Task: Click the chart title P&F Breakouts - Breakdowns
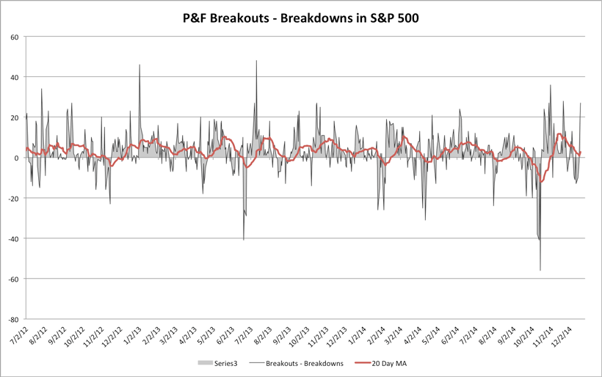click(300, 18)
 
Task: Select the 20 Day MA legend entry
click(385, 363)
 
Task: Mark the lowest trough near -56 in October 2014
click(540, 271)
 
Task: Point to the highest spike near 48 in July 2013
click(256, 61)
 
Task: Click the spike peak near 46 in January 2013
click(139, 65)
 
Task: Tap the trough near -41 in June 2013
click(244, 240)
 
